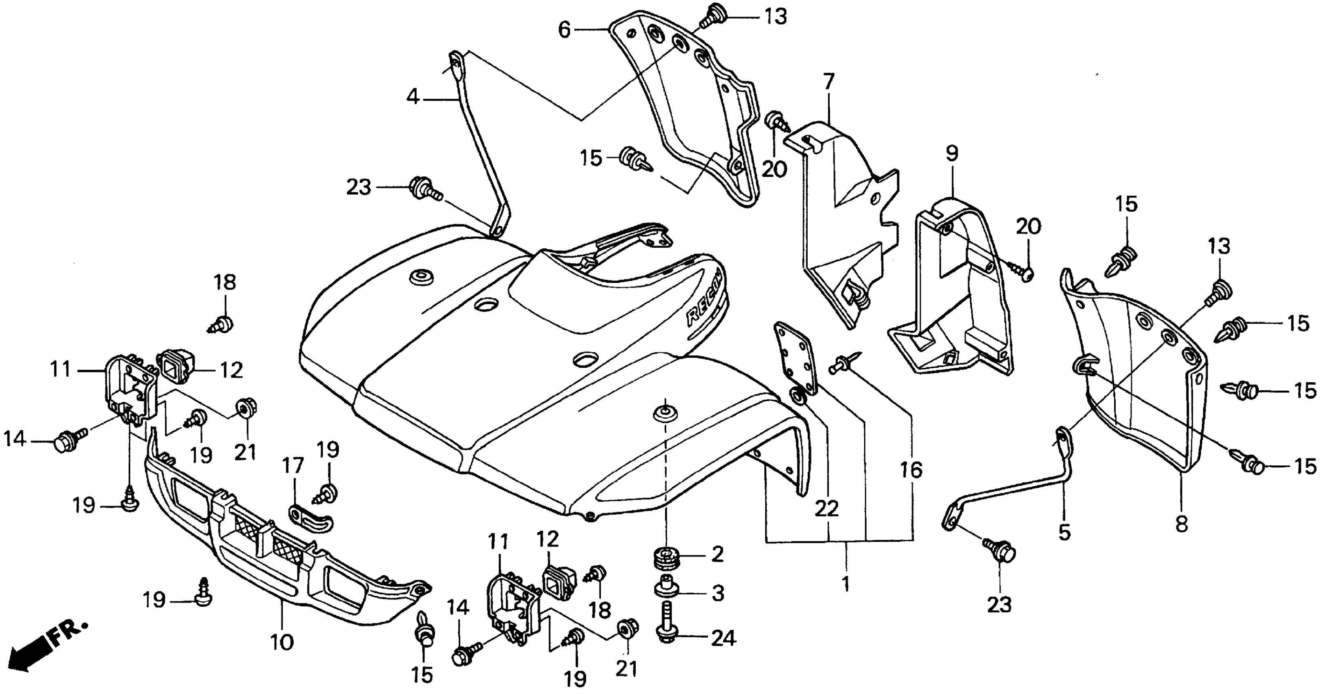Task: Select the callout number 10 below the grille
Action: (282, 642)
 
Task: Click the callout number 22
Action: (827, 508)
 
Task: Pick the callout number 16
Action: (911, 470)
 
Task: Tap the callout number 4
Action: (413, 96)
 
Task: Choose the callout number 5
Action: (1064, 532)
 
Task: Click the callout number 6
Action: (564, 30)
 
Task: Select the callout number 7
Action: (829, 82)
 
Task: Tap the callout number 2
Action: (717, 554)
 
